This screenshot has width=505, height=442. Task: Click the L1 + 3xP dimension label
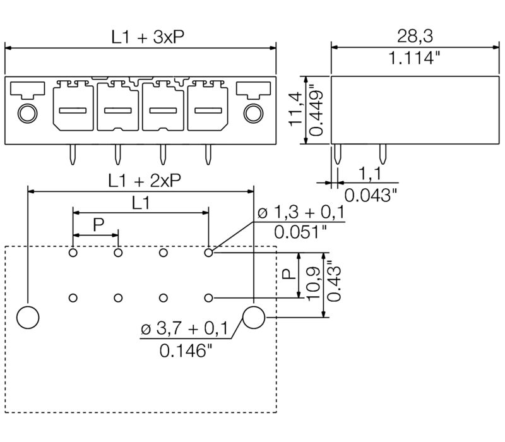(144, 37)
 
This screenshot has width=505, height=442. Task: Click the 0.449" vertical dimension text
(319, 109)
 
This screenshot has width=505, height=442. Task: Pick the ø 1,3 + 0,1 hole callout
(299, 213)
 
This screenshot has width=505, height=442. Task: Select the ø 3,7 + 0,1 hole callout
(184, 328)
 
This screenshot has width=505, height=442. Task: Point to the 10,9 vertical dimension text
(310, 284)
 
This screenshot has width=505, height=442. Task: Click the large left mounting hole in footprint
(28, 316)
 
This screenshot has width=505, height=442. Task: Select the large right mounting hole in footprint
(254, 316)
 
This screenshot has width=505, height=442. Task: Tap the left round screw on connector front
(27, 114)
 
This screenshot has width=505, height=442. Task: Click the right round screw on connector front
(252, 114)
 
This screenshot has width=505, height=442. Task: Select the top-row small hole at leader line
(208, 253)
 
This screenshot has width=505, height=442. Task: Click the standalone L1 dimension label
(141, 203)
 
